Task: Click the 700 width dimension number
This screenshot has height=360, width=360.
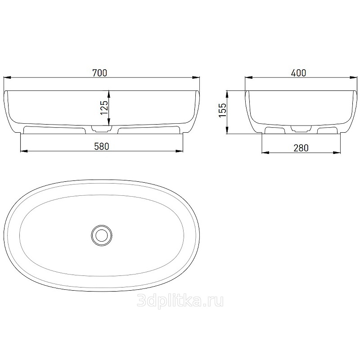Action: (99, 73)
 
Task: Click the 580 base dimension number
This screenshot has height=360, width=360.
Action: (102, 147)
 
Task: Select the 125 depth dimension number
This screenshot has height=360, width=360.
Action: (104, 108)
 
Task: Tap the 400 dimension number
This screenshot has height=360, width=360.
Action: (298, 73)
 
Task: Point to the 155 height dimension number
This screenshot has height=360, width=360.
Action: (223, 110)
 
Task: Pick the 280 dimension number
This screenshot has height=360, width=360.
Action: (301, 148)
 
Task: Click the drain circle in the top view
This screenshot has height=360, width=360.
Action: (102, 235)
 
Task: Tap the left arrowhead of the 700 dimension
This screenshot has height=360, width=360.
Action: (7, 77)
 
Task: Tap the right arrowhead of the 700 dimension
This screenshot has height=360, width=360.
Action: (196, 77)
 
